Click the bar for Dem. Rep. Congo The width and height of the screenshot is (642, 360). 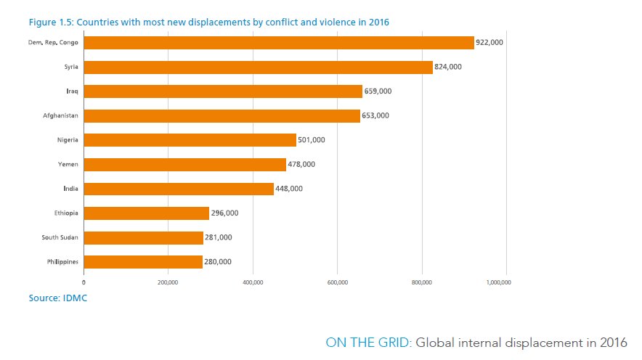tap(279, 43)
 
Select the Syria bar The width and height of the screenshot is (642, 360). tap(258, 67)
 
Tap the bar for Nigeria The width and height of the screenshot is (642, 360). tap(190, 140)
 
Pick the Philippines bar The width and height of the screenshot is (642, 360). tap(143, 262)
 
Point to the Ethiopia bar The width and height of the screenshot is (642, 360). tap(146, 213)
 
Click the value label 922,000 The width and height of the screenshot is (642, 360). tap(489, 43)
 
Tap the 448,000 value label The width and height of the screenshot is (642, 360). tap(288, 189)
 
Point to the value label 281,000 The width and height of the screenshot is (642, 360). tap(219, 237)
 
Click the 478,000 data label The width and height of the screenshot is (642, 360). tap(301, 165)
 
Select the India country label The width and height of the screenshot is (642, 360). tap(70, 189)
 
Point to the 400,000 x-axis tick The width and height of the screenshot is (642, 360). tap(253, 282)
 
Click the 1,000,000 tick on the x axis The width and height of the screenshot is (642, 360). tap(498, 282)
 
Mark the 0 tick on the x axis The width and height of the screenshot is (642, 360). tap(84, 282)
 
